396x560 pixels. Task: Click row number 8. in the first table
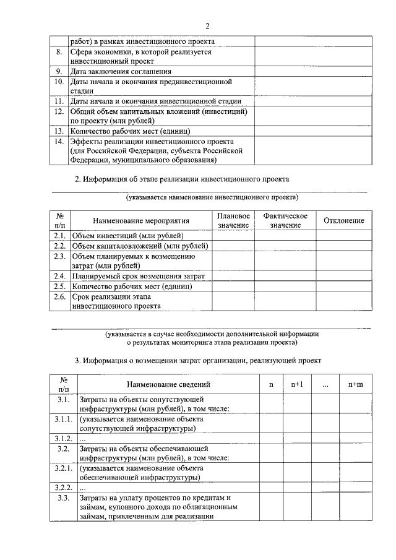(x=59, y=53)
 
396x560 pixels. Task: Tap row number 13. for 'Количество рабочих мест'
(x=59, y=131)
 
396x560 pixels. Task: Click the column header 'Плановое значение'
(x=233, y=220)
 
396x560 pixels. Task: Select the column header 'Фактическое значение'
(x=285, y=220)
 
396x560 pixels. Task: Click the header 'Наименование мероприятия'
(x=140, y=221)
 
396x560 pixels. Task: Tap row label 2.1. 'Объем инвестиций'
(x=60, y=236)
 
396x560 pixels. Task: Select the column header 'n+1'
(x=297, y=384)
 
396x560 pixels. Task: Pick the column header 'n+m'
(x=355, y=384)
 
